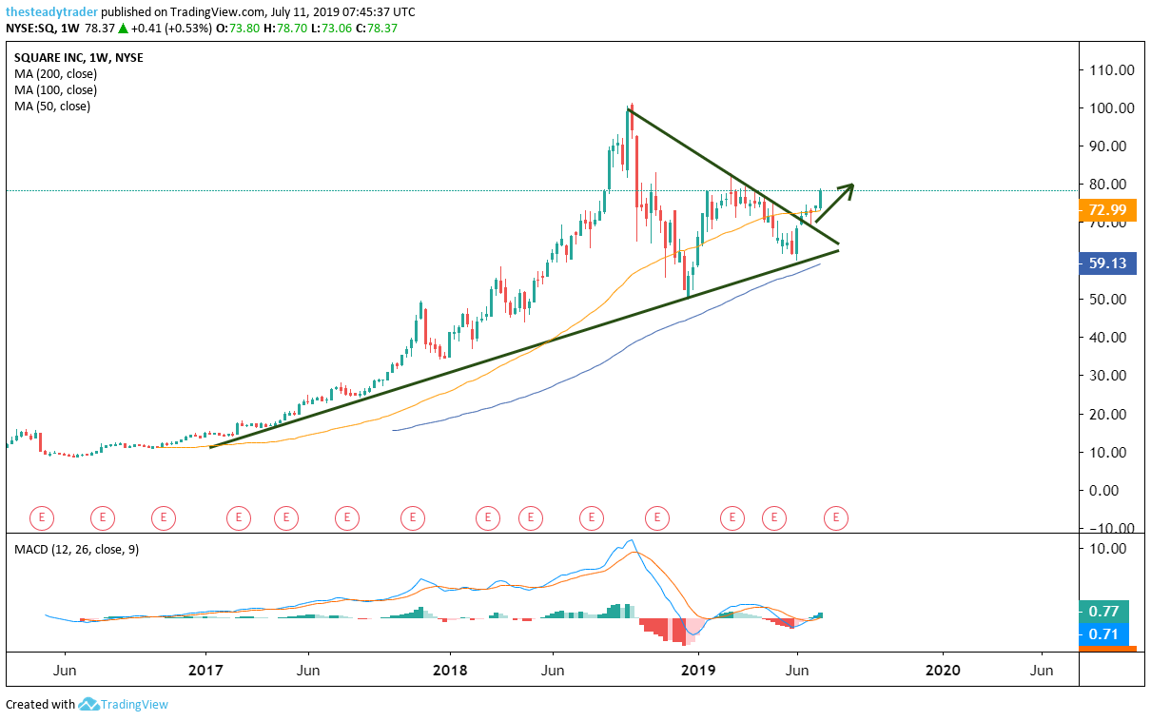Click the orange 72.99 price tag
point(1108,209)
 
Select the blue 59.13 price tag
point(1108,263)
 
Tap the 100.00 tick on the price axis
point(1112,107)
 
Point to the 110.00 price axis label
point(1112,69)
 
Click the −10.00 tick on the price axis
point(1109,528)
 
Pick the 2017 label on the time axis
point(206,670)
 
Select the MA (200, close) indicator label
point(55,73)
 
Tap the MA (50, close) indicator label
point(52,107)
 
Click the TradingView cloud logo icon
point(89,705)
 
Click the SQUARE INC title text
point(48,57)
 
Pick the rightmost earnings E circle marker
point(835,517)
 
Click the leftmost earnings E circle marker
point(41,517)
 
